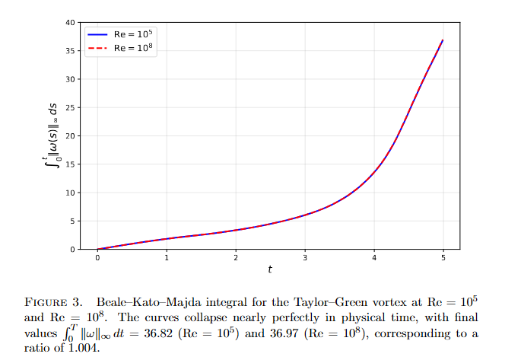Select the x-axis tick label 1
[167, 258]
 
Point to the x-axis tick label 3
[305, 258]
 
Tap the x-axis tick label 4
[374, 258]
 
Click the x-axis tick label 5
[443, 258]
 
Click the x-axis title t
[270, 269]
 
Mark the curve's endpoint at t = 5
[443, 40]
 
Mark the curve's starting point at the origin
[97, 249]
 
